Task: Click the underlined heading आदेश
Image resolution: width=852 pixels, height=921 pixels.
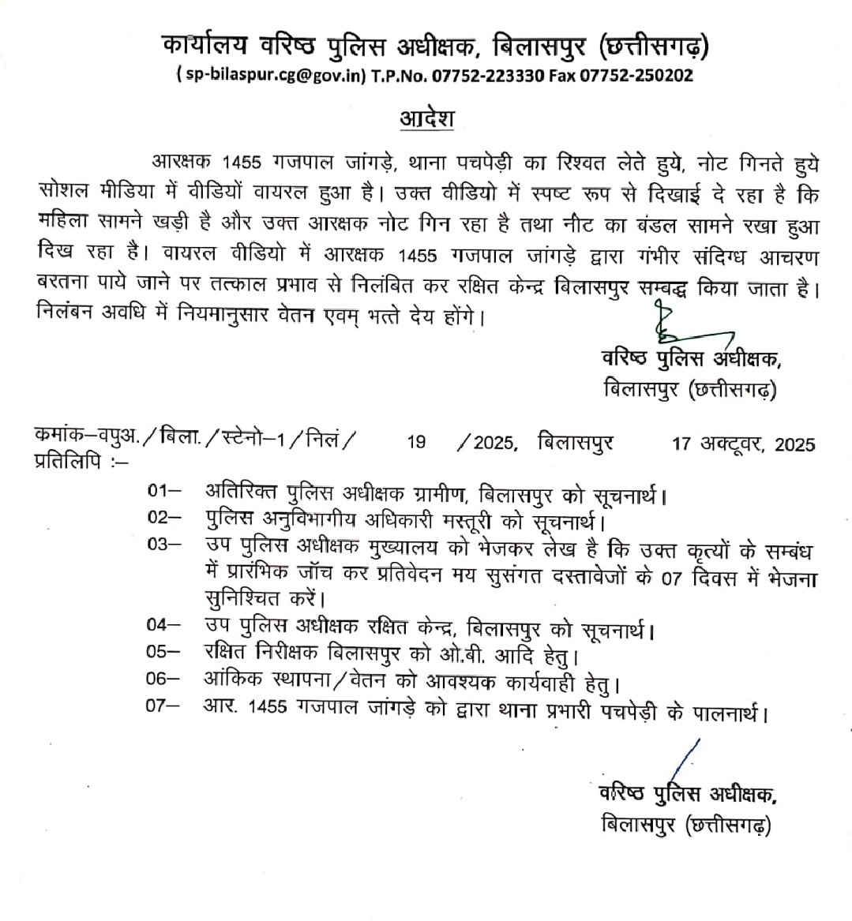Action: (426, 121)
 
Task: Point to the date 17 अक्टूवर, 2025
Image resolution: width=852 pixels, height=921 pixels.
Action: (743, 444)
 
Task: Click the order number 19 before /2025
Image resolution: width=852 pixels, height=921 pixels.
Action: (416, 443)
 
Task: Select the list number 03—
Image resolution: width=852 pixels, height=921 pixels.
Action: (163, 544)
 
